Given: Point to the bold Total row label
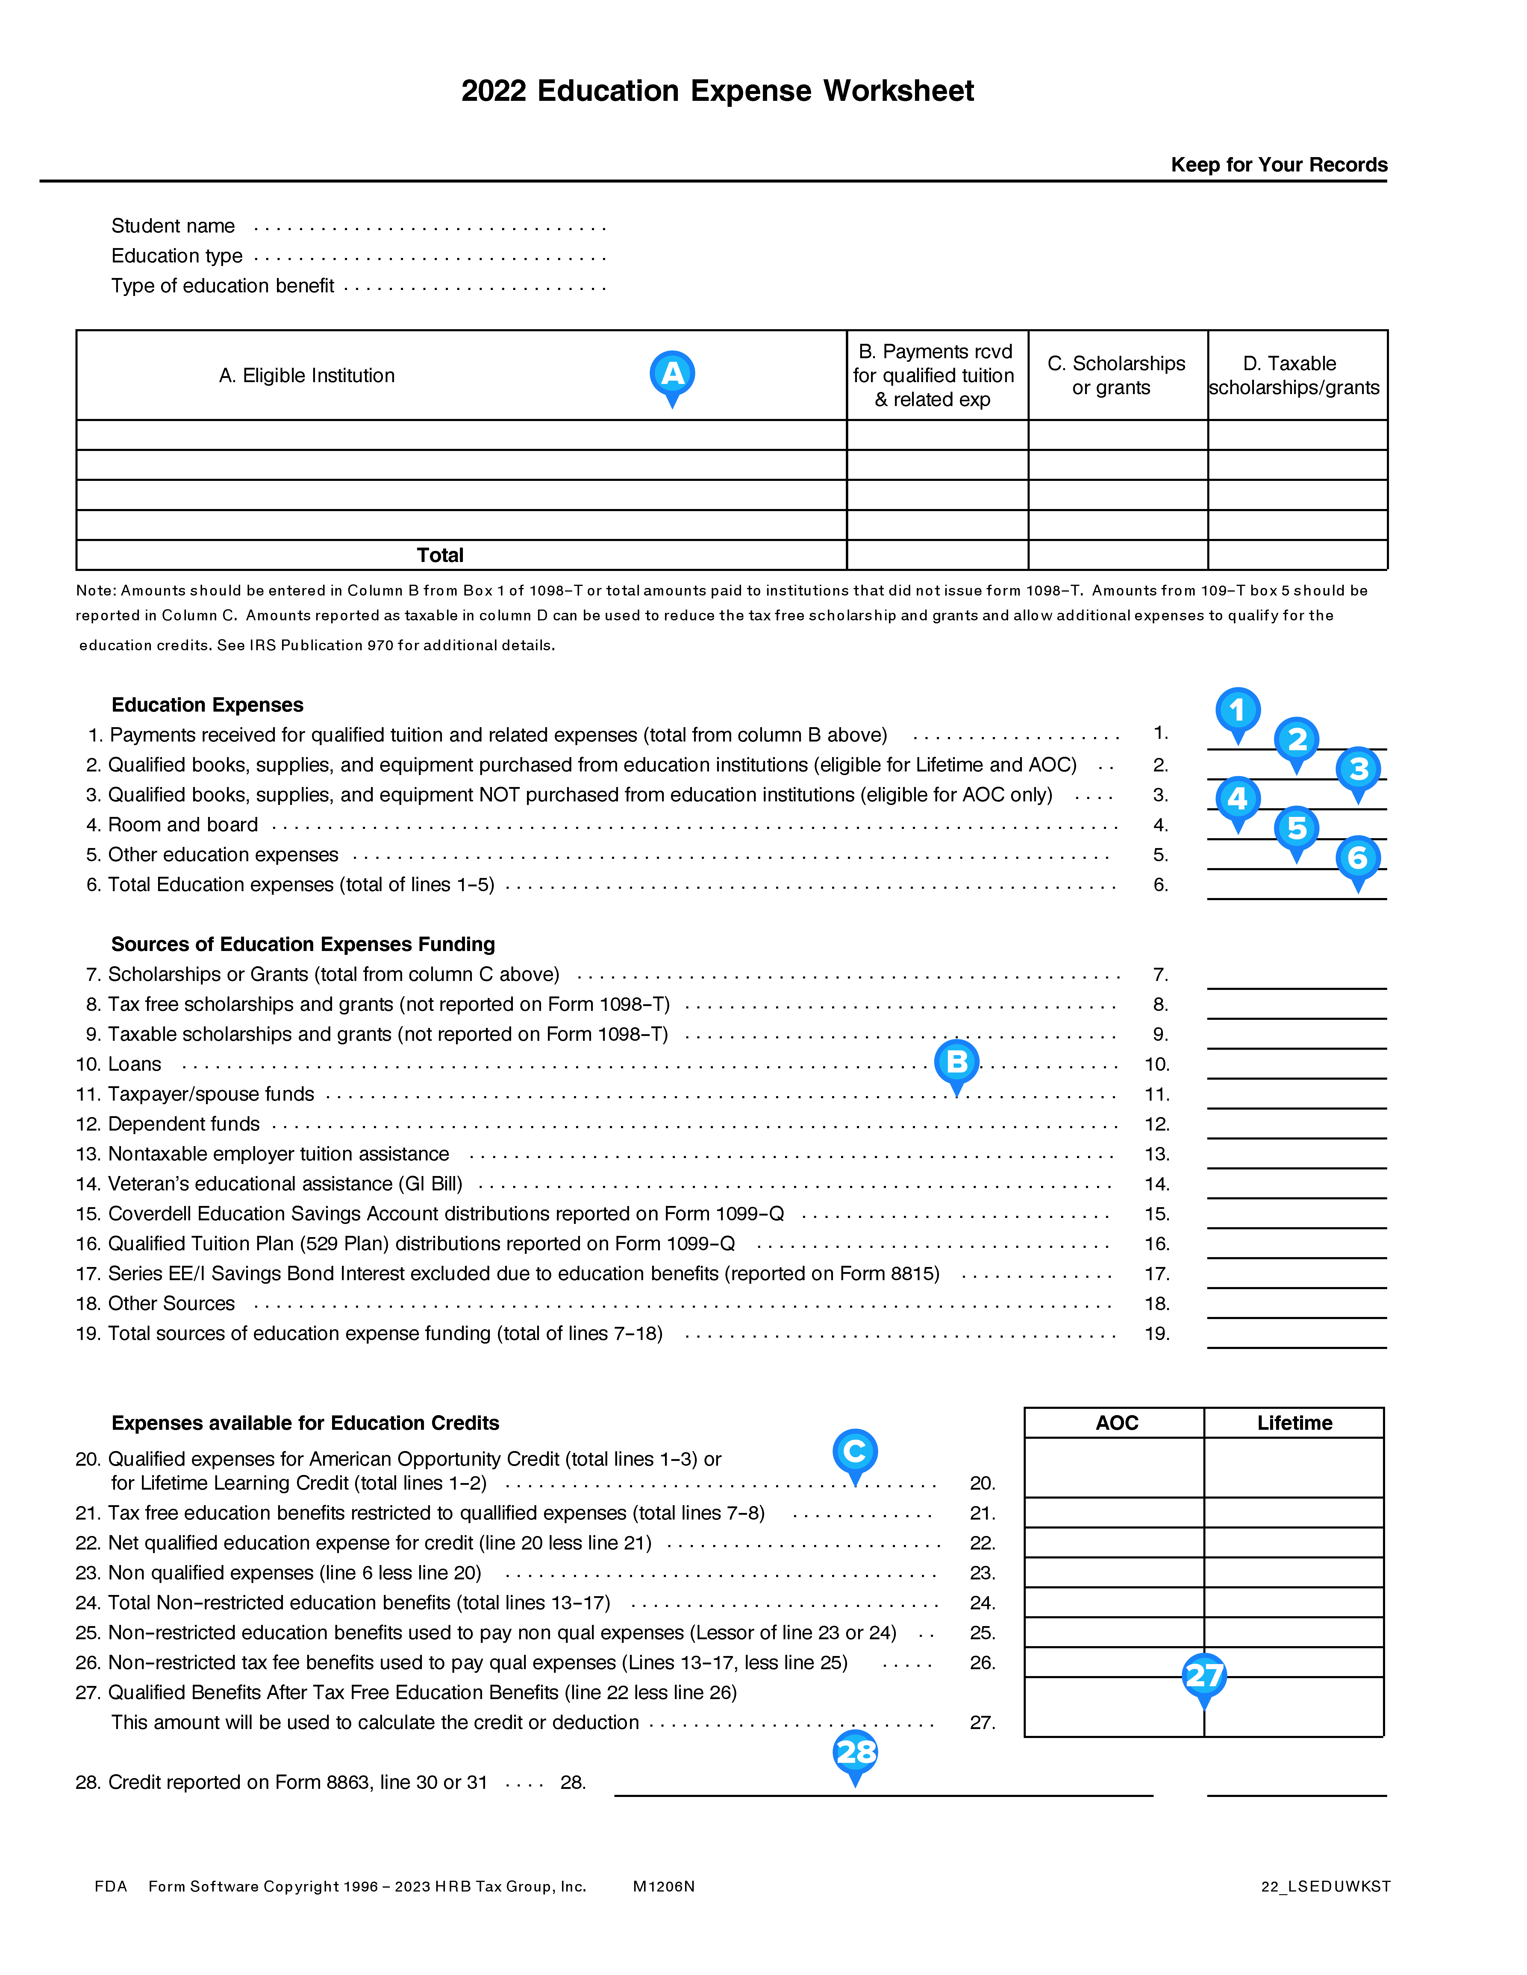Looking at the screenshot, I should click(x=440, y=555).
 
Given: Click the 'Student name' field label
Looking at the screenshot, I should click(x=173, y=226).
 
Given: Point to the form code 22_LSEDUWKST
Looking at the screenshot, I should click(x=1325, y=1886).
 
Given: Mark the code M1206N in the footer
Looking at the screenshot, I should click(x=664, y=1886).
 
